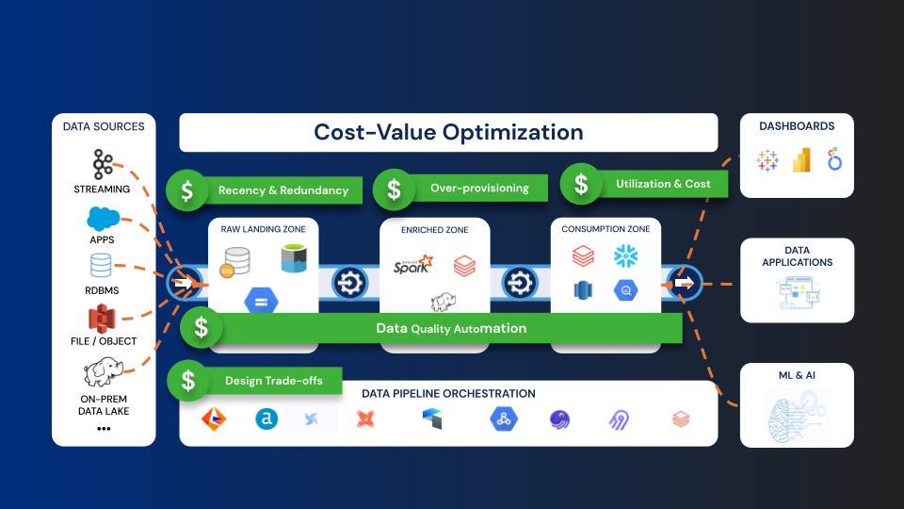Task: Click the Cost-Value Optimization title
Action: click(448, 132)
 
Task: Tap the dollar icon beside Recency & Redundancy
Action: click(187, 190)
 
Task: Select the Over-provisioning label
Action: click(479, 189)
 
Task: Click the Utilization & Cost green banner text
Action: click(663, 184)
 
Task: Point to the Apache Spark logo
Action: click(413, 265)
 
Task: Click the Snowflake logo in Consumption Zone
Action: click(626, 255)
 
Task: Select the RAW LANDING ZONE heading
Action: click(261, 229)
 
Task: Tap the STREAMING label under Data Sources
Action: click(103, 189)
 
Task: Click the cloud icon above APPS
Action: click(103, 220)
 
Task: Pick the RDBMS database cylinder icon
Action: click(101, 266)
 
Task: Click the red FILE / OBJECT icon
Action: click(102, 319)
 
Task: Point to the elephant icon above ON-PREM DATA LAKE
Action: click(102, 374)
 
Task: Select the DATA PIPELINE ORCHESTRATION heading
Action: click(448, 394)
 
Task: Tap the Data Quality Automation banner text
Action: click(451, 329)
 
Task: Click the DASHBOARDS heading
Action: click(797, 126)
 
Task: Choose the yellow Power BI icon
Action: click(801, 161)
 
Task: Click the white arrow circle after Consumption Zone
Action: click(685, 283)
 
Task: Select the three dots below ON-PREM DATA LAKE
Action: click(104, 429)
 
